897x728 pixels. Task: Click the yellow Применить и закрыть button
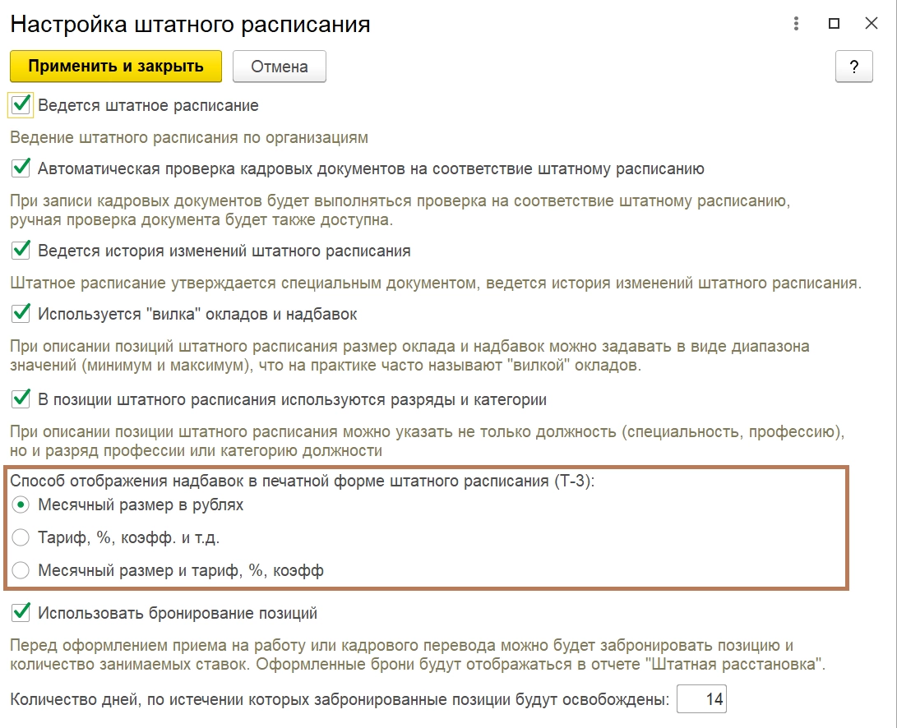[116, 67]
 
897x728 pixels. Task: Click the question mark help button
[853, 67]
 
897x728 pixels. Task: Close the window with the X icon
[872, 24]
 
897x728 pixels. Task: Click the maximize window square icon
[834, 24]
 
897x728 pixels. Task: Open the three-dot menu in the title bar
[796, 24]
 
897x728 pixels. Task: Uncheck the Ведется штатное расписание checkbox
[21, 105]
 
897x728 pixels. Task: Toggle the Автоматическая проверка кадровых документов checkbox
[21, 169]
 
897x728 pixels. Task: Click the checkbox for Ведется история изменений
[21, 250]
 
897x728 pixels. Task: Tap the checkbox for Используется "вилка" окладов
[21, 314]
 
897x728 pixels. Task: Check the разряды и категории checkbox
[21, 399]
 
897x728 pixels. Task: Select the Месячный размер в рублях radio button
[21, 505]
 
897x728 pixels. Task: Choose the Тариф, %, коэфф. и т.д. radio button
[21, 538]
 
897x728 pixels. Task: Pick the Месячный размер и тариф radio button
[21, 570]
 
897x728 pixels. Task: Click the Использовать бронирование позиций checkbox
[21, 613]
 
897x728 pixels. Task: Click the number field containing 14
[701, 700]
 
